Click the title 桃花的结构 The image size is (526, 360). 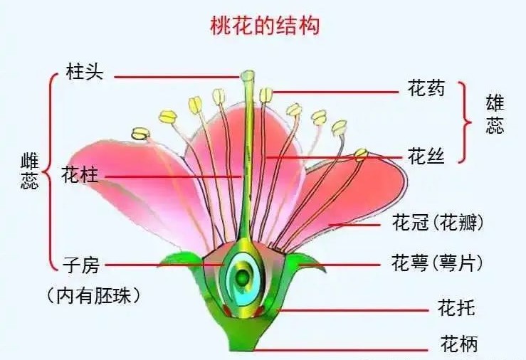[265, 26]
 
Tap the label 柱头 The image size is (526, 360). [85, 71]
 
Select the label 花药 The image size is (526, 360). [426, 88]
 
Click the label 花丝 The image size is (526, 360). [426, 156]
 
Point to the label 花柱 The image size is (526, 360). [80, 175]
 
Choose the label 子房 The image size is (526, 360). [81, 265]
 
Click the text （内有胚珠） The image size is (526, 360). [93, 296]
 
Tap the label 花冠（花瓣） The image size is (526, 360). [438, 222]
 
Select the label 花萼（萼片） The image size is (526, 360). [437, 263]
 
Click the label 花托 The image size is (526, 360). [456, 307]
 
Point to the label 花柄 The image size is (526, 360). [459, 343]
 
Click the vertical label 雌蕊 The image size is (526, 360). [29, 171]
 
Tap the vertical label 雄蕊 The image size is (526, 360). [495, 115]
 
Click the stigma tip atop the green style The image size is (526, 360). [248, 75]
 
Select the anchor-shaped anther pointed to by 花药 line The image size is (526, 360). [266, 95]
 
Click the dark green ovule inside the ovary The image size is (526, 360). [242, 277]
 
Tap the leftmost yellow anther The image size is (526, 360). [140, 134]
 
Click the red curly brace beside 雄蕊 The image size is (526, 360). [465, 122]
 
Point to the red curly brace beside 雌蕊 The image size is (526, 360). [51, 171]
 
